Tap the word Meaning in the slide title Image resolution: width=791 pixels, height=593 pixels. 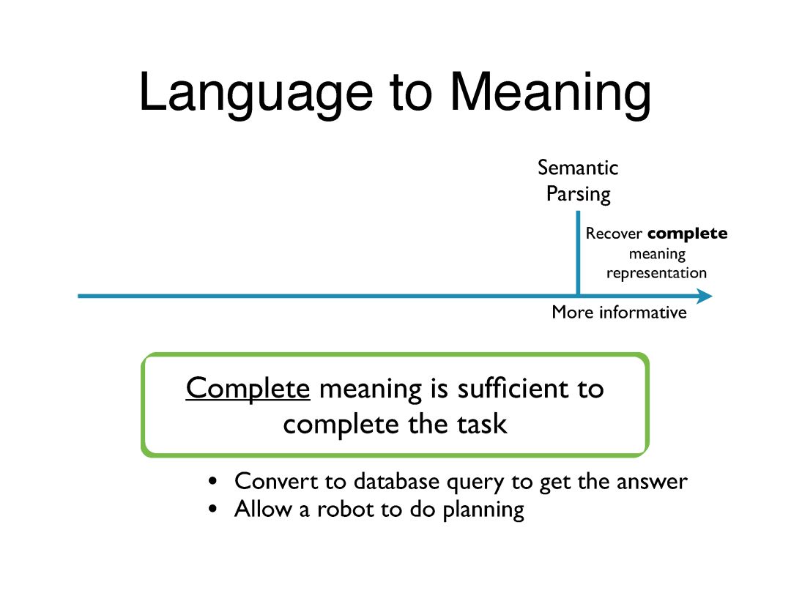(x=549, y=93)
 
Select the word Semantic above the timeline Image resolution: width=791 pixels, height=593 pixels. (x=578, y=168)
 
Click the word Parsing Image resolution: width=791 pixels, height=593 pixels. (x=578, y=194)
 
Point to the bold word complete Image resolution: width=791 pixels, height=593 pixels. (x=688, y=234)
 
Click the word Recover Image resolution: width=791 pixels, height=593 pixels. (x=614, y=234)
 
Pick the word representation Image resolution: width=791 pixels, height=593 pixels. (x=657, y=273)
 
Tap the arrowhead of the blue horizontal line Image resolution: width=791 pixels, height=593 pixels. (x=704, y=296)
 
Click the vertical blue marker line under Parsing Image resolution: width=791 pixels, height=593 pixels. (x=578, y=253)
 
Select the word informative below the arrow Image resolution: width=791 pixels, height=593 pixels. (x=643, y=313)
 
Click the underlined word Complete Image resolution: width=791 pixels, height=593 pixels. (x=248, y=388)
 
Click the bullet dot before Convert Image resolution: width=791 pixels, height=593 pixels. (x=213, y=482)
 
